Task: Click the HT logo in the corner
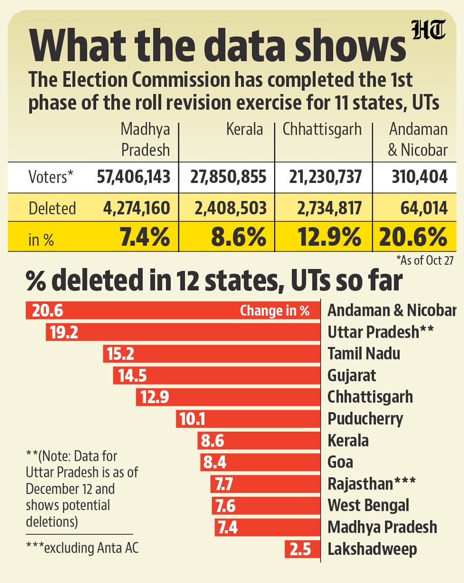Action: coord(429,31)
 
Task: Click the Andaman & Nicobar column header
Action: coord(417,139)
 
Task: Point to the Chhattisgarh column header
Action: coord(322,130)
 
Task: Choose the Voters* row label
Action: coord(51,177)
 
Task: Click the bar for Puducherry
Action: coord(247,419)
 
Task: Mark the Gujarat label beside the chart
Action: coord(352,376)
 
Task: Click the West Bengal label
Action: coord(368,505)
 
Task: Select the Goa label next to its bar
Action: coord(340,462)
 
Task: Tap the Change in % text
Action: coord(275,311)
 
